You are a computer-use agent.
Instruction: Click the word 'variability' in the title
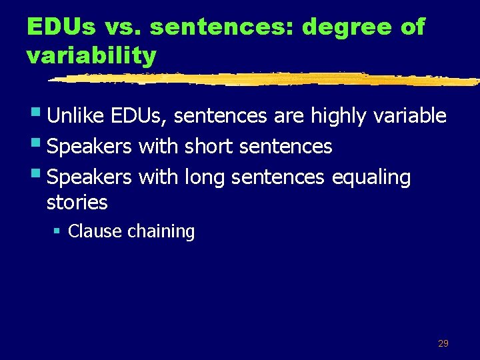91,55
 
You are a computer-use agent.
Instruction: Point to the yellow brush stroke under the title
267,79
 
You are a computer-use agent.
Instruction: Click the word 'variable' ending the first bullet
409,116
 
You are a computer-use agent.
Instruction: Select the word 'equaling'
371,177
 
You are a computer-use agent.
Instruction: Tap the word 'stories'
77,201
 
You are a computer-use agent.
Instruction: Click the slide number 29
443,343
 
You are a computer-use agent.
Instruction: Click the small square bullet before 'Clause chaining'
57,231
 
